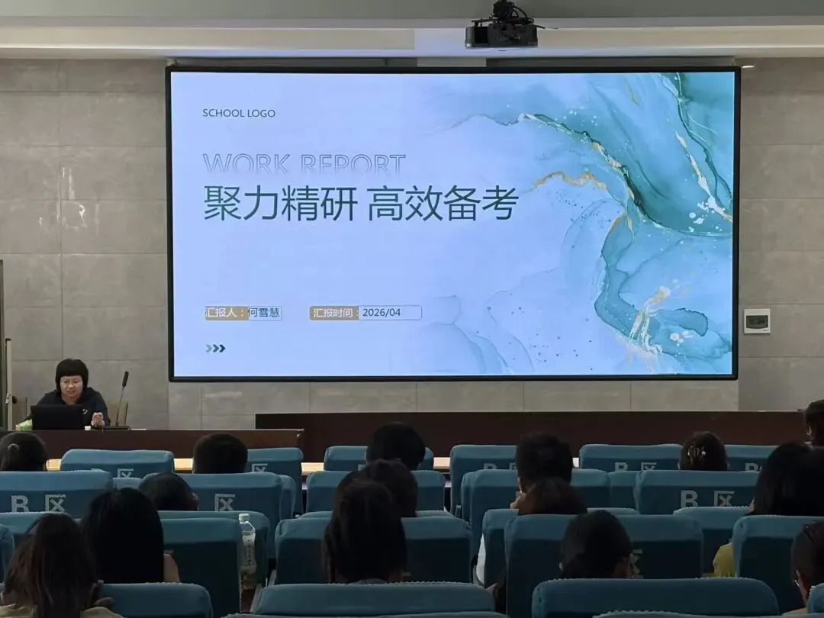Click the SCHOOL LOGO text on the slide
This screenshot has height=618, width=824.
[x=239, y=113]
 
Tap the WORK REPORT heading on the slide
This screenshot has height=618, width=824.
[x=304, y=164]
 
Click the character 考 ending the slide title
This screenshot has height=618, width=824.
[x=501, y=204]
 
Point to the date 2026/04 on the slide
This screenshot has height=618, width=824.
[x=381, y=313]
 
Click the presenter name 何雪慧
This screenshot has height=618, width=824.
[x=265, y=313]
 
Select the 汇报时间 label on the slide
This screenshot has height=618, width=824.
[x=334, y=313]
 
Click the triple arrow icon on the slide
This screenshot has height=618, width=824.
[x=215, y=348]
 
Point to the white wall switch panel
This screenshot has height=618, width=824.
[x=757, y=320]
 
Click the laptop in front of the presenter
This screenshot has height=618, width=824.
[x=57, y=417]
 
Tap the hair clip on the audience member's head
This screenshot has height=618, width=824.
[x=693, y=452]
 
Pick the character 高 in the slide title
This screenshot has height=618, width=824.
[x=386, y=204]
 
